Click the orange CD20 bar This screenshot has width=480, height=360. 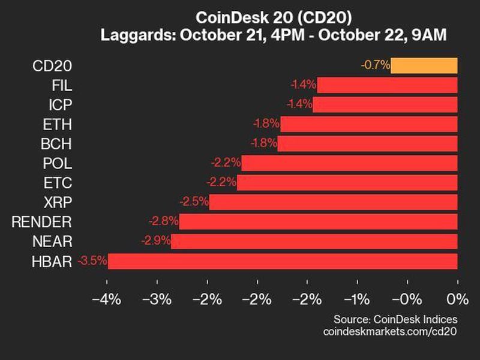424,65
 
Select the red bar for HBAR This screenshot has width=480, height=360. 282,261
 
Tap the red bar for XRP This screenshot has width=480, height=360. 333,202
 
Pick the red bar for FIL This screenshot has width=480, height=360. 387,85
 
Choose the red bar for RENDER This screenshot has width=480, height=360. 318,222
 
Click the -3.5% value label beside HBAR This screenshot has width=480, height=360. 92,261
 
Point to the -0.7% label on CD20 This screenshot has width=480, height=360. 376,65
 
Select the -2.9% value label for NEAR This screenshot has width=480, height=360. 155,241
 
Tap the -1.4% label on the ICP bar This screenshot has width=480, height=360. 298,104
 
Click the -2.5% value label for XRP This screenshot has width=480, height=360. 193,202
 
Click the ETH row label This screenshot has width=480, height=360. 58,124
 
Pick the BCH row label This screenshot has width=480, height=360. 57,144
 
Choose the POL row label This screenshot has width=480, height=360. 57,163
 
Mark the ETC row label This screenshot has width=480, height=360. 58,183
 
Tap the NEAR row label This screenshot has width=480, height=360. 53,241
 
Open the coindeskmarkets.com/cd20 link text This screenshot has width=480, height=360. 390,331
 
